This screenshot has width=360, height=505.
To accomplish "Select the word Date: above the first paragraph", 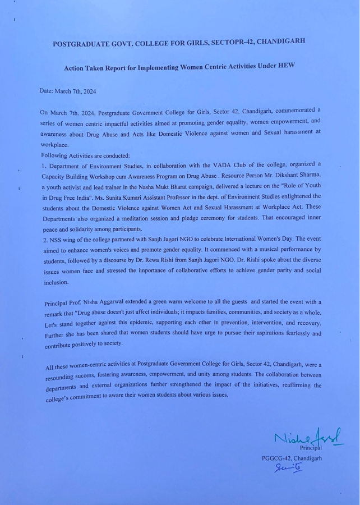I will [x=48, y=90].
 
